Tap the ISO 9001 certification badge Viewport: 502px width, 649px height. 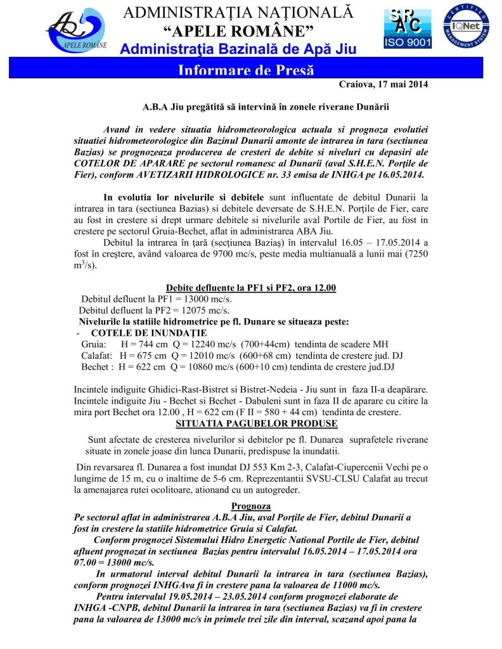pos(407,29)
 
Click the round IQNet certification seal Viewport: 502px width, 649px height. pos(465,28)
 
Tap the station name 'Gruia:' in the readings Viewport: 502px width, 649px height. pos(93,344)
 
